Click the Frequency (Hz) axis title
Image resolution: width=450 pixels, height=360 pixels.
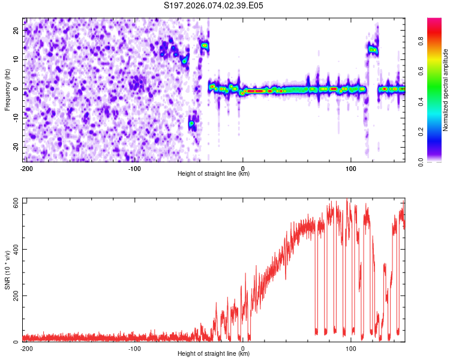click(x=7, y=89)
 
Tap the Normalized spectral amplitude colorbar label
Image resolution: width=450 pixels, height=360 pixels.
click(x=445, y=89)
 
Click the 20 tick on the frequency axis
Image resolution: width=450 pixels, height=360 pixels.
click(x=17, y=30)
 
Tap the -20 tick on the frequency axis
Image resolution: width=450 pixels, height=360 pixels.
click(x=16, y=147)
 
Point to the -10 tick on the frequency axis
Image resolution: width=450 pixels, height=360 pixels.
click(x=16, y=118)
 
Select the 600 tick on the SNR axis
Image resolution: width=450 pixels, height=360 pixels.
click(x=14, y=202)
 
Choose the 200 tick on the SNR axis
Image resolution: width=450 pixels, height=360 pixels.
click(x=14, y=296)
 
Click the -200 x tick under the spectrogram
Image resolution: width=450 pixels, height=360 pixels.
click(x=26, y=168)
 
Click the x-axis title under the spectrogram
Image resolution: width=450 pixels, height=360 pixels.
click(x=214, y=174)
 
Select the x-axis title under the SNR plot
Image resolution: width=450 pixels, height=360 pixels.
click(x=214, y=354)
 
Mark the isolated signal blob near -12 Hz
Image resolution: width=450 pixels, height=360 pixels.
click(x=191, y=124)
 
